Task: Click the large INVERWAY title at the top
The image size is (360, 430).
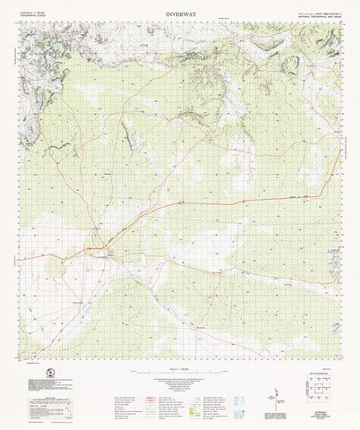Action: coord(180,15)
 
